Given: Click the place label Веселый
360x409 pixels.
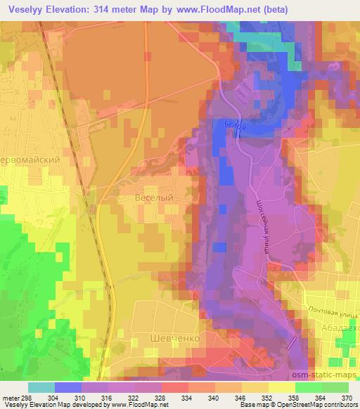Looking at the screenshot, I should pos(153,199).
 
